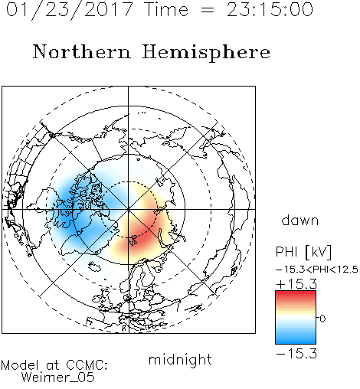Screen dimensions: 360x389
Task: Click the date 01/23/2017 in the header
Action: (70, 9)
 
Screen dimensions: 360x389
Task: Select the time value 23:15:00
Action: (270, 9)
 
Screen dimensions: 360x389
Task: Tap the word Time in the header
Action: (166, 9)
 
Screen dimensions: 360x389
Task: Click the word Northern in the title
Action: (82, 51)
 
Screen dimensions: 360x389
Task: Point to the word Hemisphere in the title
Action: (206, 53)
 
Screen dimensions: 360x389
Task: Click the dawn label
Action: (300, 220)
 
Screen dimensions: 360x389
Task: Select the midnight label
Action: (180, 359)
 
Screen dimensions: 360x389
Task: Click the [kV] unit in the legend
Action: (318, 252)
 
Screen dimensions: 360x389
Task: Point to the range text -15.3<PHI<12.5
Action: (317, 270)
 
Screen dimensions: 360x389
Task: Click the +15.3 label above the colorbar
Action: (296, 284)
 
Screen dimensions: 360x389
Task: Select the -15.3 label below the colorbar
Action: (296, 354)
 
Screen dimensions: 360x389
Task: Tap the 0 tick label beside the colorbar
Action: (322, 319)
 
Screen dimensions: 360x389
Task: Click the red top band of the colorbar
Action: (296, 294)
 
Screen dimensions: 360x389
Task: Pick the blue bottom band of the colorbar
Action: (296, 341)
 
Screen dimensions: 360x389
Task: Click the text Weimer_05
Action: (58, 378)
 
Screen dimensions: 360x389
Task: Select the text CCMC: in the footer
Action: (87, 365)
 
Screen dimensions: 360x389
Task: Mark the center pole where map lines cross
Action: (129, 209)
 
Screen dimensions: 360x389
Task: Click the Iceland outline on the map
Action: (94, 267)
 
